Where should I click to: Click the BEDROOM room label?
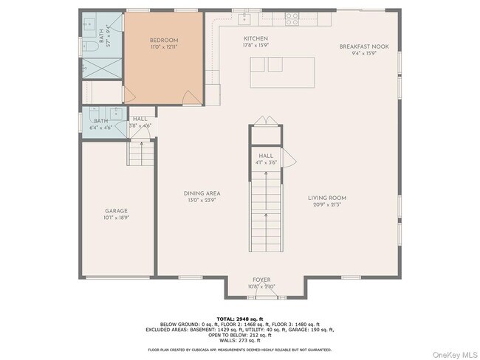[163, 41]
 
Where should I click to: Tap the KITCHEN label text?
[256, 38]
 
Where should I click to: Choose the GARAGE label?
[116, 211]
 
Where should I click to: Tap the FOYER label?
[262, 280]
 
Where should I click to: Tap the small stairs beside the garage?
[141, 153]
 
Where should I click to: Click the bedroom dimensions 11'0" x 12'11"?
[163, 47]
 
